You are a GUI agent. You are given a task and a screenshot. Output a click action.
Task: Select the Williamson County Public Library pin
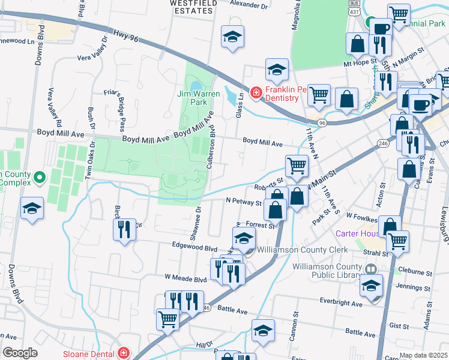click(370, 269)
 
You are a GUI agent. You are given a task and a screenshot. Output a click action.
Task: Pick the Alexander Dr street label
click(250, 5)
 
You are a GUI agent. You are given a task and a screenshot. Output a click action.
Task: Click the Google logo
click(20, 352)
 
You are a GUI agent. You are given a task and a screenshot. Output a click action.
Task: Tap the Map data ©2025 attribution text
click(423, 355)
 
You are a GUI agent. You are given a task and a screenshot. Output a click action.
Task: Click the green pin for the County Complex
click(40, 177)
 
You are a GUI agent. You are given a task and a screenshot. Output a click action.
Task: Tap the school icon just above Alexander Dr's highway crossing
click(232, 37)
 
